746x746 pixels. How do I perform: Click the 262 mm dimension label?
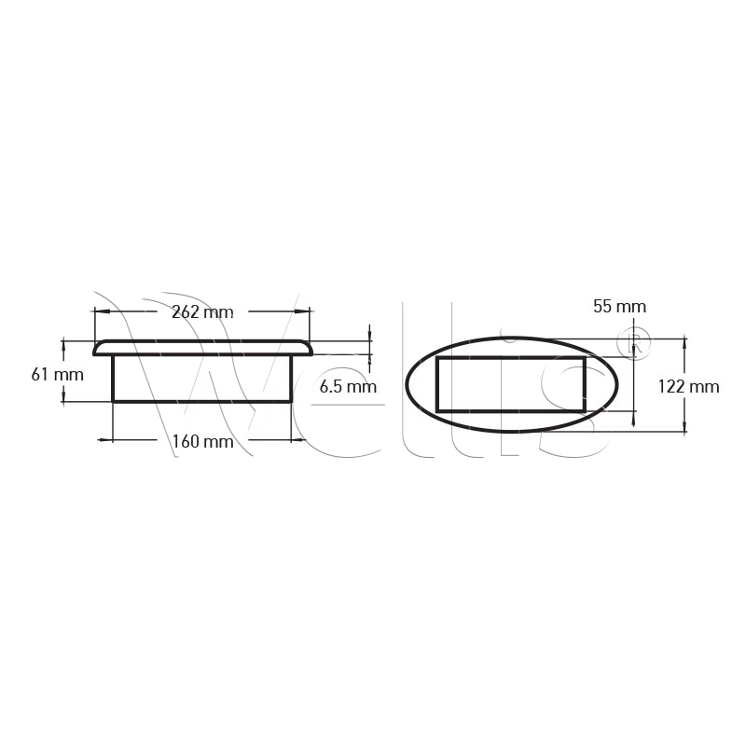tap(202, 312)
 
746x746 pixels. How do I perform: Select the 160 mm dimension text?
tap(202, 441)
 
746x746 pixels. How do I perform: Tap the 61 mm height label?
tap(58, 375)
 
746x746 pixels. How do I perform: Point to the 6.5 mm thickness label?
tap(348, 386)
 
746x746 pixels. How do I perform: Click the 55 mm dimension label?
tap(620, 307)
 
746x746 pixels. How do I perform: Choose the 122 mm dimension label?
tap(688, 386)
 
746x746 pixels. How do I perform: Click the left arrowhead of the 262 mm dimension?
tap(103, 311)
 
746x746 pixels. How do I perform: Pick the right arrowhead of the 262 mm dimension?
tap(302, 311)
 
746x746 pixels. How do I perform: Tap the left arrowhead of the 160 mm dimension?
tap(105, 440)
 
